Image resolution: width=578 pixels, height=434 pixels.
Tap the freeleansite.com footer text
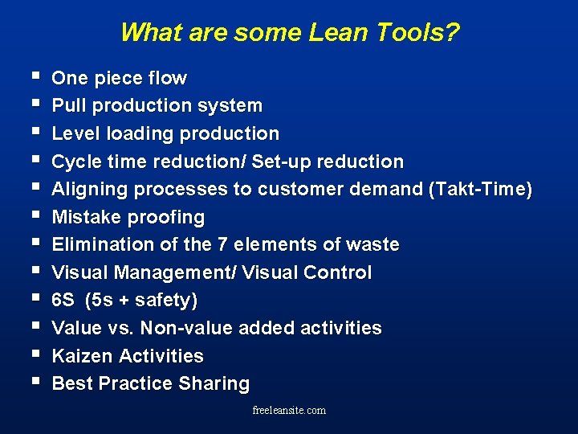coord(289,410)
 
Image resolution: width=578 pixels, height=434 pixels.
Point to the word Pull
coord(68,106)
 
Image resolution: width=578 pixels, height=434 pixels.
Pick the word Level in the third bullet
coord(75,133)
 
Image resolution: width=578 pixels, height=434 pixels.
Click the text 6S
coord(63,301)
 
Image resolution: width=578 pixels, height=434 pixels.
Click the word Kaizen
coord(82,356)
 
